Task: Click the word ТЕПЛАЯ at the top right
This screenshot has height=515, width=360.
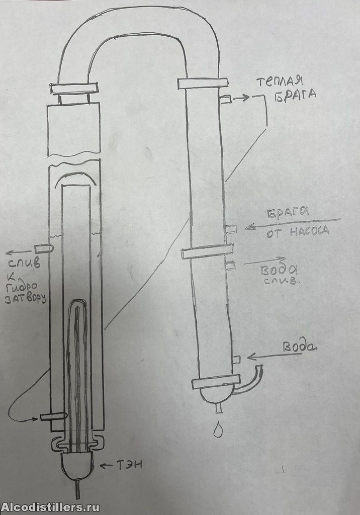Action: [280, 82]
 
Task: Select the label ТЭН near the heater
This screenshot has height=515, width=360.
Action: [129, 465]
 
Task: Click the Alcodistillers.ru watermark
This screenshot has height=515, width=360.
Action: [50, 506]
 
